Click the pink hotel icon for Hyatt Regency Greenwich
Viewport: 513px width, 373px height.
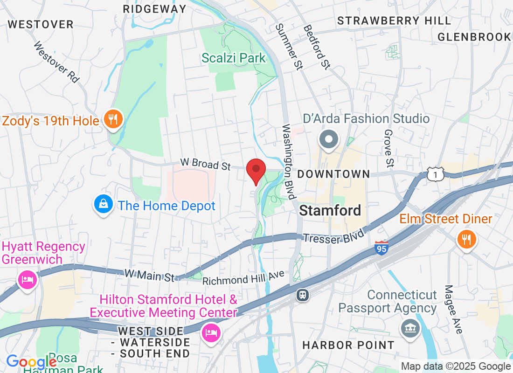click(27, 280)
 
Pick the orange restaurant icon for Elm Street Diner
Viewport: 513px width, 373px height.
click(466, 240)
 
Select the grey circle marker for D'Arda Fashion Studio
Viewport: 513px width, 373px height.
click(329, 139)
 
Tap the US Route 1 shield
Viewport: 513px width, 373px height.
click(435, 174)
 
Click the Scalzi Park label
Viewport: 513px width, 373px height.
click(234, 58)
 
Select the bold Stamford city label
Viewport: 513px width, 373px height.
click(330, 210)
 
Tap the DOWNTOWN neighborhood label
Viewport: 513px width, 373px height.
click(333, 174)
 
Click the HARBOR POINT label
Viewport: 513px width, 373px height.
click(348, 345)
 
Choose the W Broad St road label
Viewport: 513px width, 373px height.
click(206, 164)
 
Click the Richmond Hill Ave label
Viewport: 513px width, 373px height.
click(243, 279)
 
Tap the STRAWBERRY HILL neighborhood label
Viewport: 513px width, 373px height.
click(394, 21)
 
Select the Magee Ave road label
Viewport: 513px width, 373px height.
click(453, 310)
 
